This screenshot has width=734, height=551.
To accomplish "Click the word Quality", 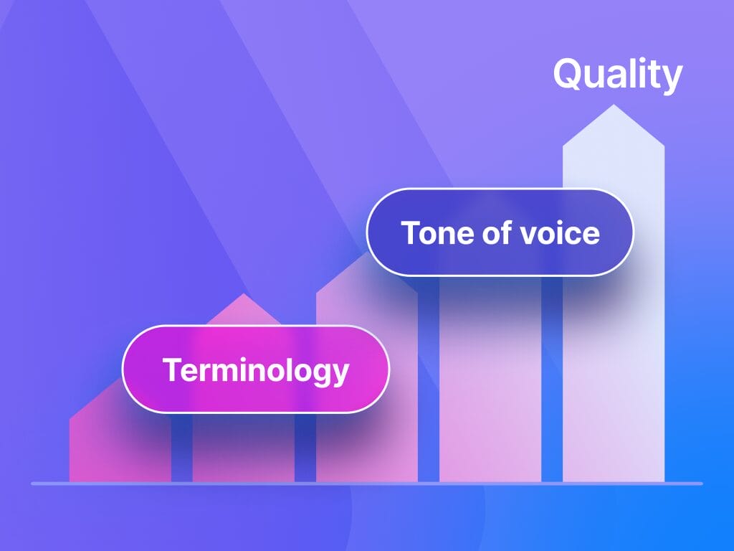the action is point(618,75).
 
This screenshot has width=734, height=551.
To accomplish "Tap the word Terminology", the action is point(256,370).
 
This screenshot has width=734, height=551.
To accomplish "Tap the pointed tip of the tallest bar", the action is point(614,105).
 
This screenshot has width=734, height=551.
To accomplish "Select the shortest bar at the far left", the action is point(120,444).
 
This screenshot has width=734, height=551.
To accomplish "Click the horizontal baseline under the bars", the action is point(367,484).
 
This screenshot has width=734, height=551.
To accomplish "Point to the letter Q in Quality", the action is point(568,74).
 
